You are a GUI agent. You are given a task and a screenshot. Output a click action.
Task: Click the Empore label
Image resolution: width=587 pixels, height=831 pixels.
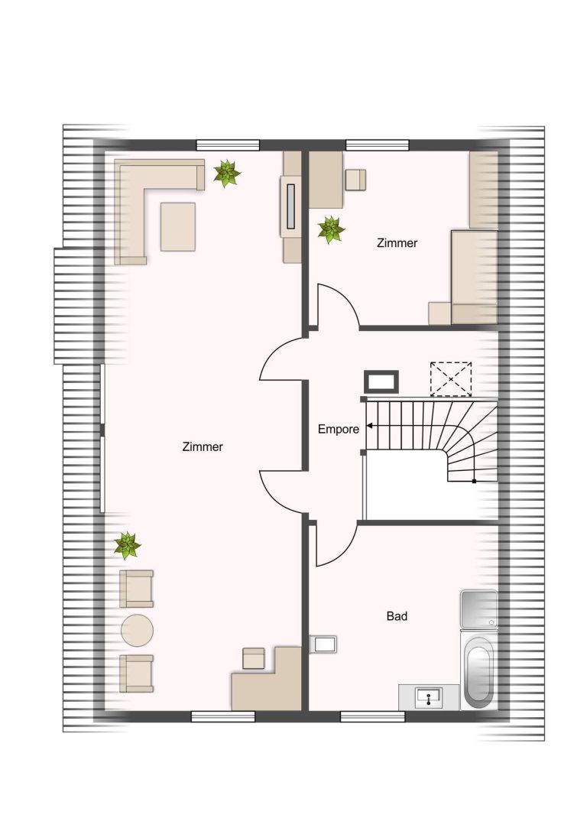pyautogui.click(x=338, y=430)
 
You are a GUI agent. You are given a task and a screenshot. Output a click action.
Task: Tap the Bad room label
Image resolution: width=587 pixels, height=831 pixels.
pyautogui.click(x=397, y=616)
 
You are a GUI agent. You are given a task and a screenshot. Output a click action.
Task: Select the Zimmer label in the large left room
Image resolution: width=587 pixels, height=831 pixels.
pyautogui.click(x=203, y=446)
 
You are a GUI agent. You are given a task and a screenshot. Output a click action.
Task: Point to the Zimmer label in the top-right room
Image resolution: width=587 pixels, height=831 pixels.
pyautogui.click(x=397, y=243)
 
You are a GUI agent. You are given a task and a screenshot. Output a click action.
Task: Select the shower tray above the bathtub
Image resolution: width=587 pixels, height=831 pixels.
pyautogui.click(x=479, y=609)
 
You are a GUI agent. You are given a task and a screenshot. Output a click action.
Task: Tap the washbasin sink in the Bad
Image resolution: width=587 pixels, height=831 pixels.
pyautogui.click(x=429, y=697)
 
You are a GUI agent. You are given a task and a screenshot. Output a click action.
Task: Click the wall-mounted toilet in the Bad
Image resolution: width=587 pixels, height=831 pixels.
pyautogui.click(x=323, y=644)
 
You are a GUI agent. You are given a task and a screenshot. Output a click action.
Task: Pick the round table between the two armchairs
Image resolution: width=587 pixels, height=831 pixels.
pyautogui.click(x=138, y=630)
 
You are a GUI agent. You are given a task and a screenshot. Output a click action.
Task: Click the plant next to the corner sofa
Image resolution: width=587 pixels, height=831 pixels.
pyautogui.click(x=227, y=174)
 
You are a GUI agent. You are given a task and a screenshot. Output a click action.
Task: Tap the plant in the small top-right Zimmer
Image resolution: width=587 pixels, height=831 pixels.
pyautogui.click(x=331, y=229)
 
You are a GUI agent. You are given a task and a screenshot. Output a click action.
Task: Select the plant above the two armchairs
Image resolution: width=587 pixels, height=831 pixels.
pyautogui.click(x=127, y=546)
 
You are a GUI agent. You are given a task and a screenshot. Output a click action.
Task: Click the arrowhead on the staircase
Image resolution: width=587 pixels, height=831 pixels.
pyautogui.click(x=369, y=426)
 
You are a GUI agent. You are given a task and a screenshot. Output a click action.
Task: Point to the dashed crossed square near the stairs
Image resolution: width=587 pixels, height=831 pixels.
pyautogui.click(x=451, y=379)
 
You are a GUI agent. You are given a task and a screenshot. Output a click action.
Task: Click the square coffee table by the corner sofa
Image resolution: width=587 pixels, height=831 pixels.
pyautogui.click(x=178, y=226)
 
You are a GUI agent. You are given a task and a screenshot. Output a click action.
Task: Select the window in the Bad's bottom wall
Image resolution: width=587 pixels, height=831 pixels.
pyautogui.click(x=372, y=716)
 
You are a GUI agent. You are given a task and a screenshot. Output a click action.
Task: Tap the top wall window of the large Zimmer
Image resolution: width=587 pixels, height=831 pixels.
pyautogui.click(x=228, y=145)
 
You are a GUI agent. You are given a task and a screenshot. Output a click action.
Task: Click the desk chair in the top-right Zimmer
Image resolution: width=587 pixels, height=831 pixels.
pyautogui.click(x=355, y=180)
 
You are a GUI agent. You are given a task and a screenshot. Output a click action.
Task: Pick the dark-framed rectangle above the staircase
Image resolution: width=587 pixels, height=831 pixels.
pyautogui.click(x=381, y=381)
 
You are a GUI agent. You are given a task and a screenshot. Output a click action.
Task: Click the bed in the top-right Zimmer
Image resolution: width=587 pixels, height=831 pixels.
pyautogui.click(x=475, y=277)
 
